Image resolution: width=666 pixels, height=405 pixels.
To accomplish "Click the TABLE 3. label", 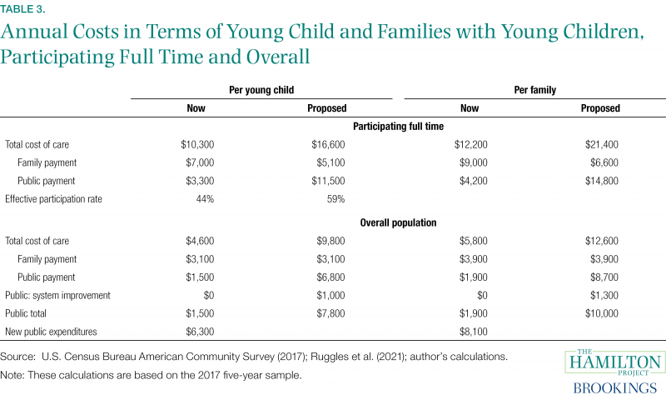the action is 22,9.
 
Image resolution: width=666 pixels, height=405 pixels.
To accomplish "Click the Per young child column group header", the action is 261,90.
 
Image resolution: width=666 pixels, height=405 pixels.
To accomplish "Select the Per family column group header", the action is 534,90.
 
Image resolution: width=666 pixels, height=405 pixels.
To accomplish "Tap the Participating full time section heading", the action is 398,126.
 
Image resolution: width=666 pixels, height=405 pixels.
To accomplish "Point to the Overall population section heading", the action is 398,222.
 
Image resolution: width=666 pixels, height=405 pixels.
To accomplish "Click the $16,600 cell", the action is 328,144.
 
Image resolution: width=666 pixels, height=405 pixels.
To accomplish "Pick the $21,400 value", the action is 601,144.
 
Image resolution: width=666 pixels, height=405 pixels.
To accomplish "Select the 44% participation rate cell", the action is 205,199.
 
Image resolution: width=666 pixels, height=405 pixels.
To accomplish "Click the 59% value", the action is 335,199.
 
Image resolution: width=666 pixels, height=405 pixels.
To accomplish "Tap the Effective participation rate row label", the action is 53,199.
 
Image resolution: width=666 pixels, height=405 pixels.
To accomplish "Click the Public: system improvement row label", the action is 57,295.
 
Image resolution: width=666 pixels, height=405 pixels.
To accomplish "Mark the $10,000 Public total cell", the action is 601,313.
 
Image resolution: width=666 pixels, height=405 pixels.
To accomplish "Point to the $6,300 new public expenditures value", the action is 200,332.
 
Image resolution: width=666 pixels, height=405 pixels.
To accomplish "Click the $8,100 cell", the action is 473,332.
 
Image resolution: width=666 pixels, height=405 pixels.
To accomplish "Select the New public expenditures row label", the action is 51,332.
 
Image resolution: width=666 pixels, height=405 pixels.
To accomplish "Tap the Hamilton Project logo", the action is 614,362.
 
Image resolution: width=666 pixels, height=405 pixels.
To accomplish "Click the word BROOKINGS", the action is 614,388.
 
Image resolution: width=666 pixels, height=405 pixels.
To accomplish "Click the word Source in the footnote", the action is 17,357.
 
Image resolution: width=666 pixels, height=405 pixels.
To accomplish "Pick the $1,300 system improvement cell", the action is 604,295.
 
